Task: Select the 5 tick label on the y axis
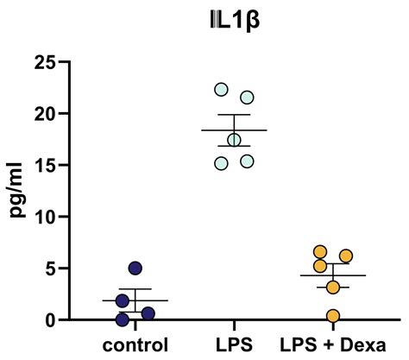click(51, 268)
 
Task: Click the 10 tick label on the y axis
click(46, 216)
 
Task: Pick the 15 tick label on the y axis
click(46, 164)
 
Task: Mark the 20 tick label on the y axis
click(46, 113)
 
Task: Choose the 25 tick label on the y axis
click(46, 62)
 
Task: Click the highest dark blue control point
click(135, 268)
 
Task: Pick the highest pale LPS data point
click(222, 90)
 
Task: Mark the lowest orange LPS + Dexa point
click(333, 315)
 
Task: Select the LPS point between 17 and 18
click(234, 140)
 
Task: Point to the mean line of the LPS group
click(234, 130)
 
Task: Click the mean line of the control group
click(135, 300)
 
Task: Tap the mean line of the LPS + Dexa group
click(333, 275)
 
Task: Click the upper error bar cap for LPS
click(234, 115)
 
